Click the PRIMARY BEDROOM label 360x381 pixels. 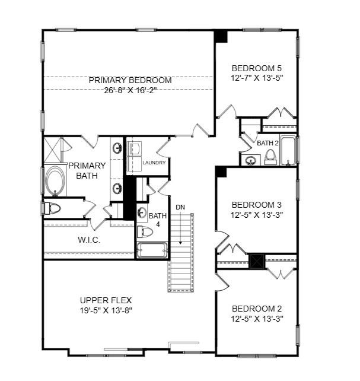coord(130,80)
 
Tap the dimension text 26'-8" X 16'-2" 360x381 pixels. coord(130,90)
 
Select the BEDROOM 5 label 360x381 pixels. coord(256,67)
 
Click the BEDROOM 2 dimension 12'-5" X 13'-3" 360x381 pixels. coord(256,319)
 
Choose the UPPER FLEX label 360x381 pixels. coord(106,300)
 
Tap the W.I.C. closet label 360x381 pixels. coord(89,240)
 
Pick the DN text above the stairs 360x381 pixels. coord(180,207)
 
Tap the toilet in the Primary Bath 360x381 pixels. coord(52,208)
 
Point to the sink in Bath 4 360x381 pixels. coord(142,212)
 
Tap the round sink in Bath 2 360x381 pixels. coord(251,160)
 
